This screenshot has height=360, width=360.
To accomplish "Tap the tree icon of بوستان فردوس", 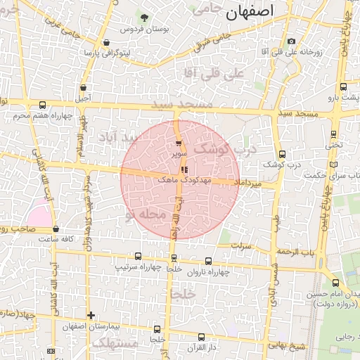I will coord(145,17).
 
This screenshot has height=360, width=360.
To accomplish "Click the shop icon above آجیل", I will coord(84,88).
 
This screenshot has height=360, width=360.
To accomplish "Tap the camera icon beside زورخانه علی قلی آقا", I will coord(291,41).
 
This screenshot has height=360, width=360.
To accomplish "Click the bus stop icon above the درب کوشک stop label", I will coord(282,154).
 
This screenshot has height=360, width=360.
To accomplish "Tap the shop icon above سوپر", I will coord(179,143).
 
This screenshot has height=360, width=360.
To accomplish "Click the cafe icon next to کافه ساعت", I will coord(55,229).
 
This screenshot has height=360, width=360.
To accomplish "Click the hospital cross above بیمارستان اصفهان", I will coord(90,315).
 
